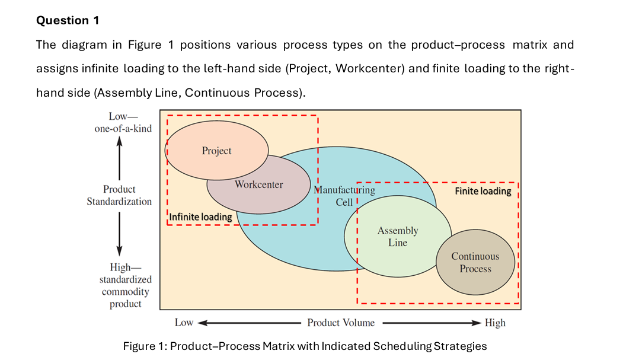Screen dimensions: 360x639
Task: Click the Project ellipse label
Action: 216,151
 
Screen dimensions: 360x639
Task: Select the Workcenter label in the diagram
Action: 258,184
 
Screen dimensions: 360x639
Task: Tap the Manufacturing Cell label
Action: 344,196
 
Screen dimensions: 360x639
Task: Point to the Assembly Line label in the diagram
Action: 398,236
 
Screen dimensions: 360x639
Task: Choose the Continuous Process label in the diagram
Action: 475,262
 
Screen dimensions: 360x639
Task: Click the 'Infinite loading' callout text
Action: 201,217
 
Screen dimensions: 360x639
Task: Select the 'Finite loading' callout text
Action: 483,191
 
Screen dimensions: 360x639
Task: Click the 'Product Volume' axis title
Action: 341,323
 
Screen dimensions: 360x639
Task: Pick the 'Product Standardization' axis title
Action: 119,195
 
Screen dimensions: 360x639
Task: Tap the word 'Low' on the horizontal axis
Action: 184,323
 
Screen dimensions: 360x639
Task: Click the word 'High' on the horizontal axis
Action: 495,323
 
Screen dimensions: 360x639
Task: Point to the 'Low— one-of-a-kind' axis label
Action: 123,123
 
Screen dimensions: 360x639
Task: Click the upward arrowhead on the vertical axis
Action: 119,142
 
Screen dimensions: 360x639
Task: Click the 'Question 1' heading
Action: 68,20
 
